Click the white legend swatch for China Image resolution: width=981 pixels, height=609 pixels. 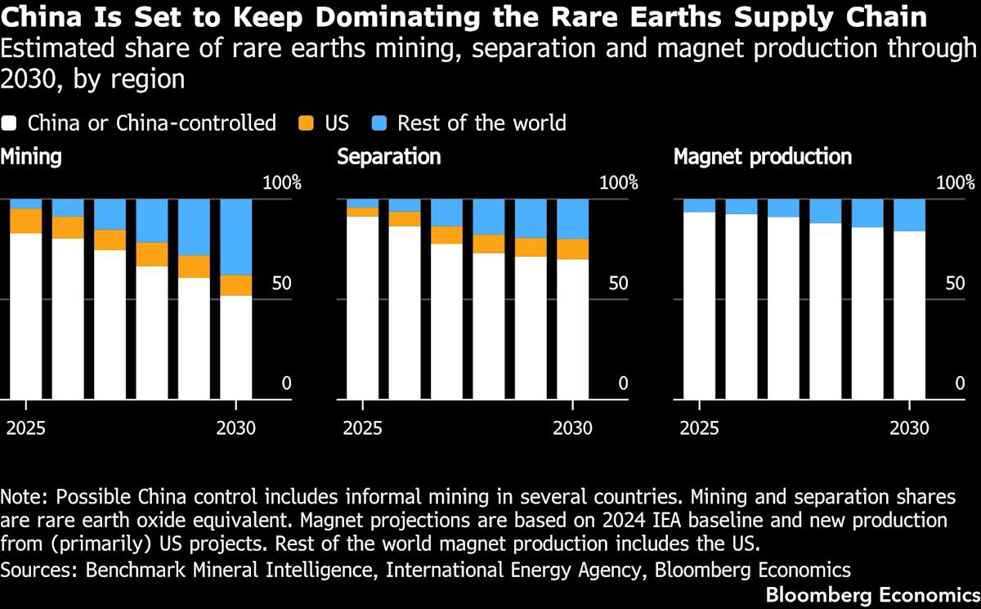[8, 123]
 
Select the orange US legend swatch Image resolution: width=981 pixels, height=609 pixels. [306, 123]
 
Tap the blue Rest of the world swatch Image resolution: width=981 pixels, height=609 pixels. [379, 123]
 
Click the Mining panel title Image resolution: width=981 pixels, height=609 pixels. [31, 157]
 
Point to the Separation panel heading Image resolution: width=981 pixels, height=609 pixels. [389, 157]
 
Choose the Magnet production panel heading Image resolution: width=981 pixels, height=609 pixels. [763, 157]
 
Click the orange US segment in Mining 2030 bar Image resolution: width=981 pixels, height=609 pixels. [236, 285]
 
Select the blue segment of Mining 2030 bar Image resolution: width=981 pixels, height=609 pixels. [236, 237]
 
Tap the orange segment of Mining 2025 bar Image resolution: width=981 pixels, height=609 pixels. [26, 221]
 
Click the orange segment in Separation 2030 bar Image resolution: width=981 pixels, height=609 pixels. [573, 249]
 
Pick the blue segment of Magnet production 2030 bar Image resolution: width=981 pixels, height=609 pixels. [910, 216]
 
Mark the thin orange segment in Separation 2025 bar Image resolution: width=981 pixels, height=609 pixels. [363, 212]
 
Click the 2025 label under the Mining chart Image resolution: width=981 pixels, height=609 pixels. [26, 428]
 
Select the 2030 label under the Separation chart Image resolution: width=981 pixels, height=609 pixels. [573, 428]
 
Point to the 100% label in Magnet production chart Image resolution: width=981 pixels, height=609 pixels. [956, 182]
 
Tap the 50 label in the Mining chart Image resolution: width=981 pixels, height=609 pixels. [281, 284]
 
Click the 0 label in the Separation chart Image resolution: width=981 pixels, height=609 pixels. [623, 383]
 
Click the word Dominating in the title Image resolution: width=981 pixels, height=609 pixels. [397, 17]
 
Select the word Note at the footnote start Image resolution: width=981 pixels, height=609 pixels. [25, 497]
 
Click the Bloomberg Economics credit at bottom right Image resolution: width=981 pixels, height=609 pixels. [873, 595]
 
